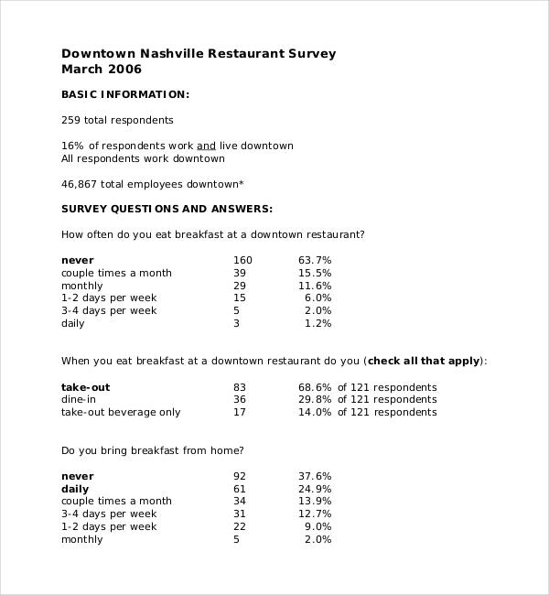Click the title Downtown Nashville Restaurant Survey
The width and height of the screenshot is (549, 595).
pos(199,54)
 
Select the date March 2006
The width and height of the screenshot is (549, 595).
pos(102,70)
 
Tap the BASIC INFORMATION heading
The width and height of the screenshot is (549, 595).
pos(125,94)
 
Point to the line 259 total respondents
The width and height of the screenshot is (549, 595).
pos(117,120)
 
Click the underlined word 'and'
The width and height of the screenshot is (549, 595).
pos(207,146)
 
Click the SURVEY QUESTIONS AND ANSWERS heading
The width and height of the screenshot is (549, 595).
pos(167,209)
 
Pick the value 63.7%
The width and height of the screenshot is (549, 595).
pos(315,261)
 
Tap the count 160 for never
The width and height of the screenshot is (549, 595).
pos(242,261)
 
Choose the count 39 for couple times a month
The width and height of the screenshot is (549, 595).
pos(240,273)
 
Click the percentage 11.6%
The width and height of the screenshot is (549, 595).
pos(315,286)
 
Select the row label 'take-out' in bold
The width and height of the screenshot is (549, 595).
pos(85,387)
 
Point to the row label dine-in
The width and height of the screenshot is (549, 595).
pos(79,400)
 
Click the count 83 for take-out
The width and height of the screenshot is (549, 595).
pos(240,387)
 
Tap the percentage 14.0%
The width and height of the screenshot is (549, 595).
pos(315,413)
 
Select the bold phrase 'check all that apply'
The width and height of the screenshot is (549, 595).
pos(424,362)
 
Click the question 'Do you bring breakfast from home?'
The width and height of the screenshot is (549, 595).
pos(152,450)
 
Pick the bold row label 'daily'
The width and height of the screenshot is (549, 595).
pos(75,489)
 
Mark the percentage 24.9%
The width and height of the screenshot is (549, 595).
pos(315,489)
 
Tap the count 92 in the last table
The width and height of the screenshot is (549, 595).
pos(240,476)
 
